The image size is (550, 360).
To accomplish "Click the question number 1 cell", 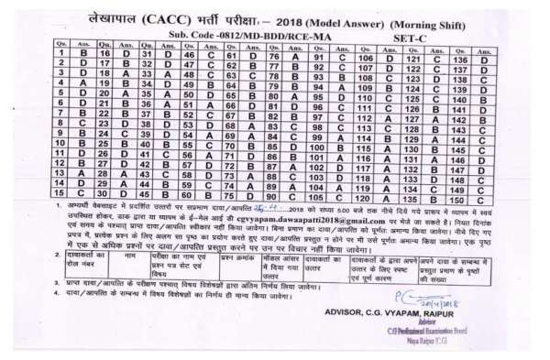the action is [x=60, y=54].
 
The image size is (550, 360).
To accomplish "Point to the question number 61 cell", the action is [x=230, y=54].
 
